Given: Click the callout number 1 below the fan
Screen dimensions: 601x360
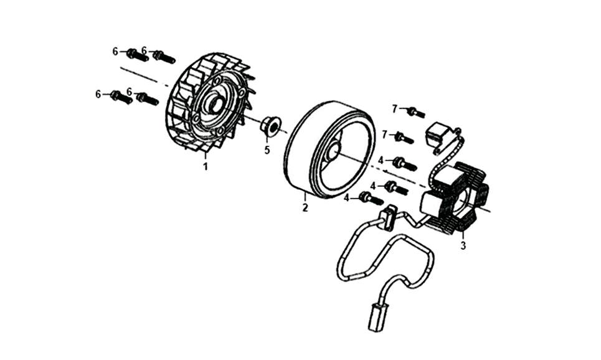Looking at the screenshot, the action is point(206,167).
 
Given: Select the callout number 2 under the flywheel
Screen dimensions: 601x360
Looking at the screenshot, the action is point(305,208).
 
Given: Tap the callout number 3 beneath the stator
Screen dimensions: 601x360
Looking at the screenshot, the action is point(463,245).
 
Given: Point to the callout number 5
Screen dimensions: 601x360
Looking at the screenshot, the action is point(267,149).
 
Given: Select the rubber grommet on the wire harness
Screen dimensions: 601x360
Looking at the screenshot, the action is point(389,218).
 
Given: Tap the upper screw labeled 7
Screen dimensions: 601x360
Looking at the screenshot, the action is point(416,112).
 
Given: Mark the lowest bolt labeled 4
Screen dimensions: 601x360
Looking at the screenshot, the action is point(371,199).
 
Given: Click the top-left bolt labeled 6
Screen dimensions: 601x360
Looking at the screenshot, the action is point(137,55).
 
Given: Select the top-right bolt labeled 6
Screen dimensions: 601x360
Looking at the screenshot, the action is point(164,57).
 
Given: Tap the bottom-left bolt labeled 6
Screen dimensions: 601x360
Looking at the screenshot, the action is point(121,97).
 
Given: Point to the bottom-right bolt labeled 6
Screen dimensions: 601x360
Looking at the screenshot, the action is point(147,98).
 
